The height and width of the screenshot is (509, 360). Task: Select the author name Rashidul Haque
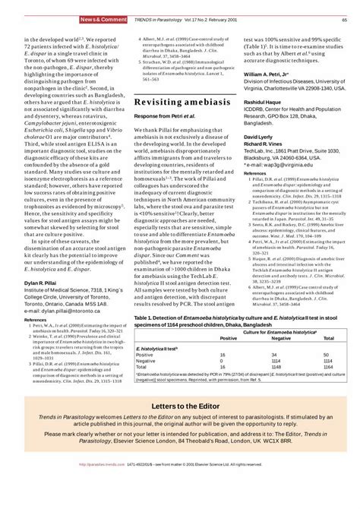pos(264,125)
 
